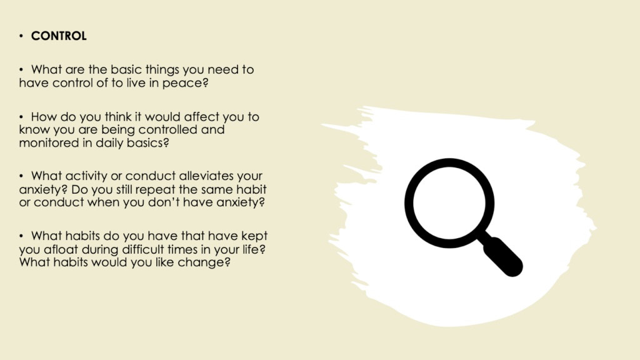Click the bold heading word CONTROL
pos(59,36)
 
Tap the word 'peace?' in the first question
pos(185,83)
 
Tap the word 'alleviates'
pos(206,176)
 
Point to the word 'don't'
pos(164,202)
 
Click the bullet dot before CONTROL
pos(21,36)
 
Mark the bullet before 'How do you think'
pos(21,117)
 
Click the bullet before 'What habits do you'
pos(21,236)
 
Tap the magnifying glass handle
pos(502,256)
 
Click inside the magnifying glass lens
pos(449,203)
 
